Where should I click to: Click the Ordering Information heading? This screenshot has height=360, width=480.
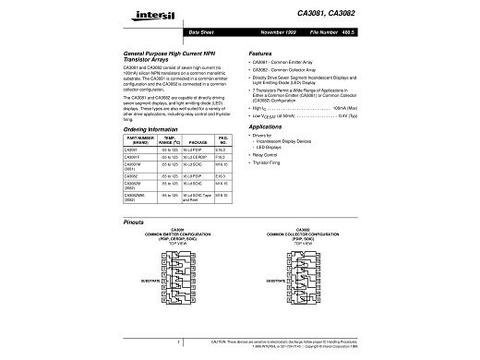[154, 130]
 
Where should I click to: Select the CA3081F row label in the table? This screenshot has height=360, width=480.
[132, 158]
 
